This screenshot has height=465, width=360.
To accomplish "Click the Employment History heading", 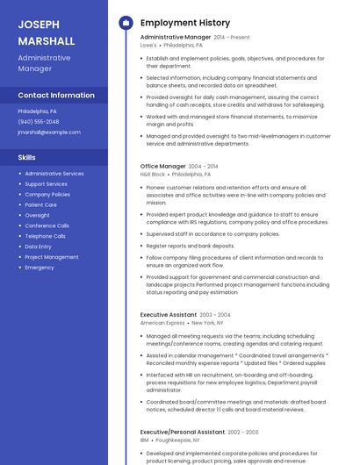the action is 184,23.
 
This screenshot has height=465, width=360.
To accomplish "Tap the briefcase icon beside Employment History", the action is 126,23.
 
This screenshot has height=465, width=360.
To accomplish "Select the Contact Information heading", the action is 56,95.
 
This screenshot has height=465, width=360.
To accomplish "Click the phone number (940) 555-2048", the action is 39,122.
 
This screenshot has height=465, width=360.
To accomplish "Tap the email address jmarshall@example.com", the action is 49,132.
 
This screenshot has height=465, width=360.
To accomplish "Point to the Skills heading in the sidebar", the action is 27,158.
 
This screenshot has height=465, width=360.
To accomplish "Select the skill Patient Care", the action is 40,204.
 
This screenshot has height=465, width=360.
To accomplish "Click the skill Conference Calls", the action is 47,225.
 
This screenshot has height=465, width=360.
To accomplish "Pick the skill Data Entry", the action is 38,247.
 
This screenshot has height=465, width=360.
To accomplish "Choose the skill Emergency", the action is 40,267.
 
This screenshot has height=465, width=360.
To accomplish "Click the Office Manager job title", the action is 163,166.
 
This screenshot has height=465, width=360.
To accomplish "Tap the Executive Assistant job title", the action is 169,314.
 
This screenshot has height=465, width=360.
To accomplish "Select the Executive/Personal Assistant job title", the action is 183,432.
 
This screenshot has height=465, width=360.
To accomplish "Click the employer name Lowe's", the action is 148,45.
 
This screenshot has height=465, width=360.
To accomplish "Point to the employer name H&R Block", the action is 153,174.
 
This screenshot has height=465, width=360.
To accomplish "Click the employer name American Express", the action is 162,323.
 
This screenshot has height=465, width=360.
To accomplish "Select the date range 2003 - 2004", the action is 215,315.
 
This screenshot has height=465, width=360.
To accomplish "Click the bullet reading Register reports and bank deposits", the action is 191,246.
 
